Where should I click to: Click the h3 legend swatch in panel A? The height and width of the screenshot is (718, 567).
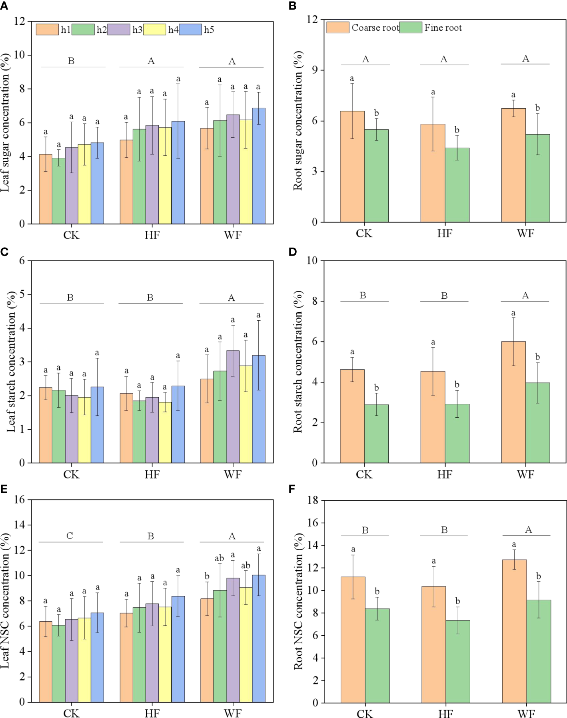click(119, 30)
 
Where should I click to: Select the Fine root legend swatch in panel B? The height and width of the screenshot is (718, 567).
click(411, 28)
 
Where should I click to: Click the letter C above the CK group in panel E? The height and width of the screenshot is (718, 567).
click(70, 536)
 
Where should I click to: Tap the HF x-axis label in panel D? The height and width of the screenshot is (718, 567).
click(445, 474)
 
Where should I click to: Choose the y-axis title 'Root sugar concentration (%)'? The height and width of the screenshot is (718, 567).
click(298, 121)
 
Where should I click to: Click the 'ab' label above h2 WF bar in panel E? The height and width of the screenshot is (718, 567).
click(219, 558)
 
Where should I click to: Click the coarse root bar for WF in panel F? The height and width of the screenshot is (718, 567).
click(514, 631)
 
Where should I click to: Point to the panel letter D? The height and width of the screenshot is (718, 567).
click(293, 252)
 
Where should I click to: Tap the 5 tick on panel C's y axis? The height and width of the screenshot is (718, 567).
click(22, 294)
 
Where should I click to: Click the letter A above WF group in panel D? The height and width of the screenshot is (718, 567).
click(525, 295)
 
